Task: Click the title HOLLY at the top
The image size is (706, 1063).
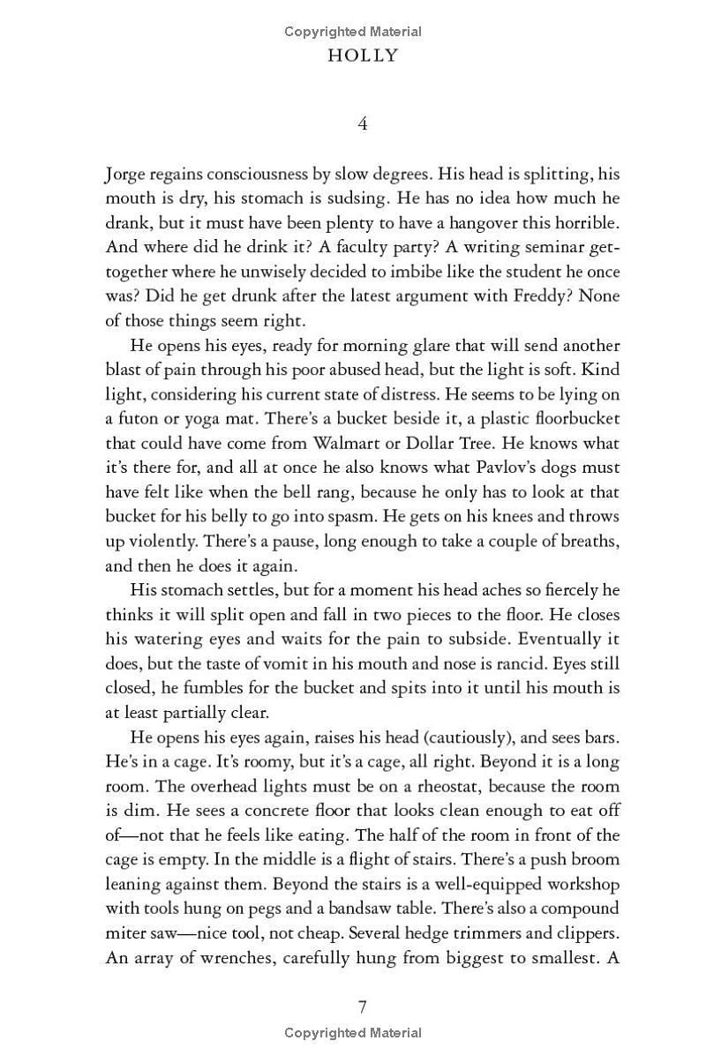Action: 363,56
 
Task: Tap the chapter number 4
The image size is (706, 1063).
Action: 363,124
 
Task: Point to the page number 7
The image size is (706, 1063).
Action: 363,1007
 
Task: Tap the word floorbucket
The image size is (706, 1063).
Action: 570,418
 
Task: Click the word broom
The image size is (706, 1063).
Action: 596,858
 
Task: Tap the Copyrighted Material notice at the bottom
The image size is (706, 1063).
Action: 353,1033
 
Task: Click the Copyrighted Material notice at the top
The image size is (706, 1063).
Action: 353,32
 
